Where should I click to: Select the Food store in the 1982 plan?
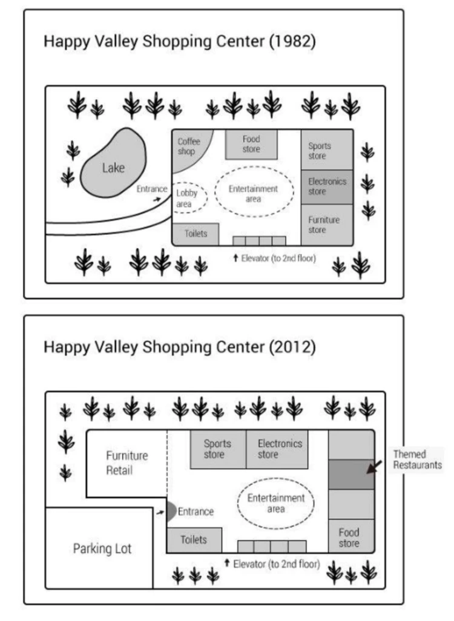[x=251, y=144]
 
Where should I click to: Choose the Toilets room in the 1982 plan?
[x=195, y=234]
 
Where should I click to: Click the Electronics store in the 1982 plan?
[x=327, y=186]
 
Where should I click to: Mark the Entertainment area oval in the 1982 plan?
[x=253, y=193]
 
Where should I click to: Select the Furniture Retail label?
[x=127, y=462]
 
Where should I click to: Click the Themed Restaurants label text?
[x=417, y=459]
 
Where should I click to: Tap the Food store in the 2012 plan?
[x=349, y=537]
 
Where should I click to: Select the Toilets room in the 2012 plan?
[x=194, y=539]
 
